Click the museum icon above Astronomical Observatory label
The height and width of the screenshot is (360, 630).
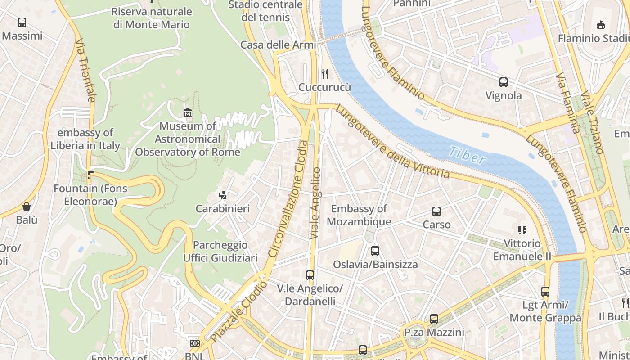[188, 112]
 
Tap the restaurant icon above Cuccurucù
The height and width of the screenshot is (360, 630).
[324, 73]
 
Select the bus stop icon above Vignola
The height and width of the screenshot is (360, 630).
[504, 82]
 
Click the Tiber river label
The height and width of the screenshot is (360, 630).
[467, 155]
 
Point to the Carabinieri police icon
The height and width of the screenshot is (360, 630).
[222, 195]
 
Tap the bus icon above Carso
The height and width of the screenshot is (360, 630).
[436, 211]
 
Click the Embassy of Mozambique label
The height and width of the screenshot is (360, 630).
[359, 215]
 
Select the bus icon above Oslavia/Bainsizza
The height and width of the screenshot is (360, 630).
[375, 251]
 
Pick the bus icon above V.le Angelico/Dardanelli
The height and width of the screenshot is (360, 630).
[310, 275]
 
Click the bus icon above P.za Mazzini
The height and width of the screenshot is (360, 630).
[434, 319]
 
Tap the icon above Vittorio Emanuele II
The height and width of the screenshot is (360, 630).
[522, 230]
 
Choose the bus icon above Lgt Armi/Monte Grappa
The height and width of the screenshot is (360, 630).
[545, 291]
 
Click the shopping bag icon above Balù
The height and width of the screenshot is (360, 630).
[27, 207]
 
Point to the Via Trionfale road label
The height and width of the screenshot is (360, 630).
[85, 70]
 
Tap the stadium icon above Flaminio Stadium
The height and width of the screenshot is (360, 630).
[600, 25]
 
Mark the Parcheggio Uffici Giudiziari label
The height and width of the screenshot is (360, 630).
[220, 251]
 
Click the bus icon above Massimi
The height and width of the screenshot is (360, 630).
[22, 22]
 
